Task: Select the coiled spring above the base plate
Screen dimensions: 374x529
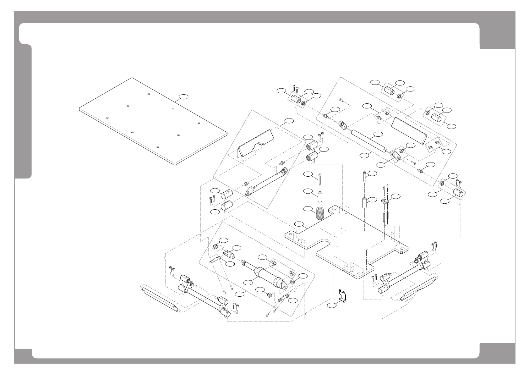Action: pyautogui.click(x=320, y=214)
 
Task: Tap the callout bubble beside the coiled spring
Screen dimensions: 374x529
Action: pyautogui.click(x=308, y=209)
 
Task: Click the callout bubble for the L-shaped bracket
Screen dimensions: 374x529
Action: pyautogui.click(x=331, y=305)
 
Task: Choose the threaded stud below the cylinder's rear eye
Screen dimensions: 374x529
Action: pyautogui.click(x=284, y=299)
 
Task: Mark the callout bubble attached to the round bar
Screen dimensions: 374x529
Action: pyautogui.click(x=379, y=134)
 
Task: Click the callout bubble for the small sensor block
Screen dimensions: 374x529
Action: pyautogui.click(x=396, y=196)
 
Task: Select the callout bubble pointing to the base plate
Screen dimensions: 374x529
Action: pyautogui.click(x=299, y=224)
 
